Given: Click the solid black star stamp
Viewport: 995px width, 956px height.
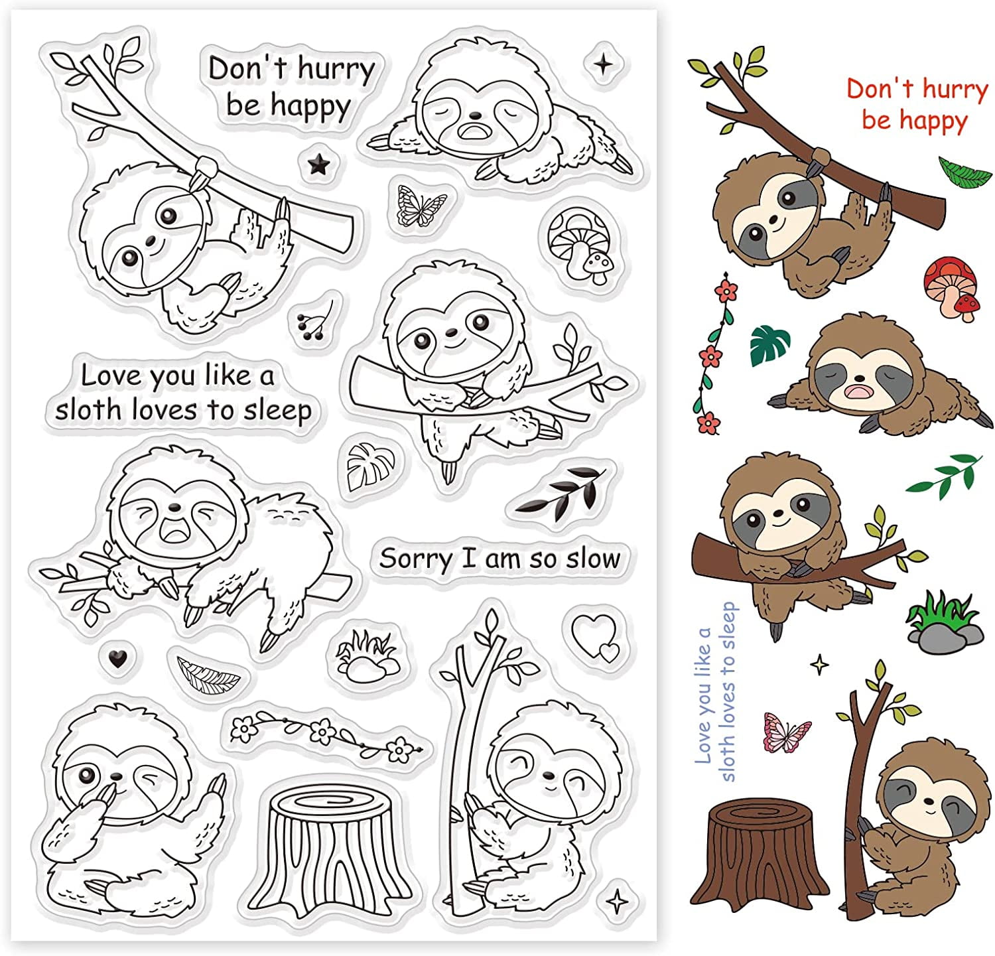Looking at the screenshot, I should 319,163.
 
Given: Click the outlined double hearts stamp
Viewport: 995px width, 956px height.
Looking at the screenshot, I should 595,636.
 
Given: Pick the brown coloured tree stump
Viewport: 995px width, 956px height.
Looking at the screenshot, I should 760,849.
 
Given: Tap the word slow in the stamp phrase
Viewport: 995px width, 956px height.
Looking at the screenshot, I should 592,559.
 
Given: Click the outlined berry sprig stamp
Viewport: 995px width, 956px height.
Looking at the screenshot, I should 316,320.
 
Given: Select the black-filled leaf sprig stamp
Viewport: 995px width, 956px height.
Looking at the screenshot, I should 561,491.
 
